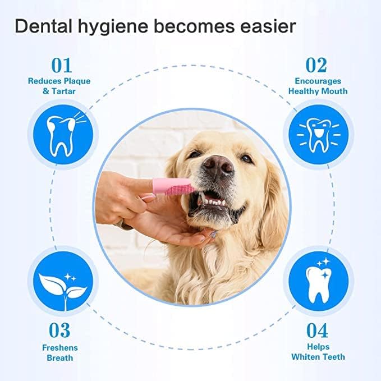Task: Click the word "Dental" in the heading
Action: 44,26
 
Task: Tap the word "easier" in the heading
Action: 268,26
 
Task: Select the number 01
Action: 62,65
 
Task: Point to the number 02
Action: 316,65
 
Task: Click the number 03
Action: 59,330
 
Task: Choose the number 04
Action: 317,330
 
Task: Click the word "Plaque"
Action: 77,81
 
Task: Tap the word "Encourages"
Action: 318,81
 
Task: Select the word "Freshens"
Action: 60,348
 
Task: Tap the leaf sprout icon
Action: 63,291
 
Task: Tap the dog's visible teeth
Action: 212,201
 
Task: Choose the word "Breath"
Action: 60,357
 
